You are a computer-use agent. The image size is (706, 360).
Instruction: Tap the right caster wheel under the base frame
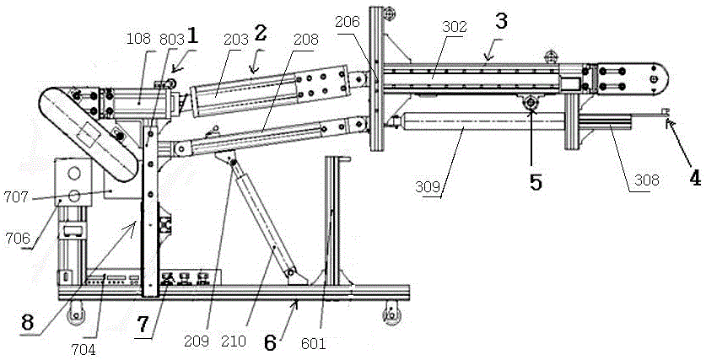click(391, 314)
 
